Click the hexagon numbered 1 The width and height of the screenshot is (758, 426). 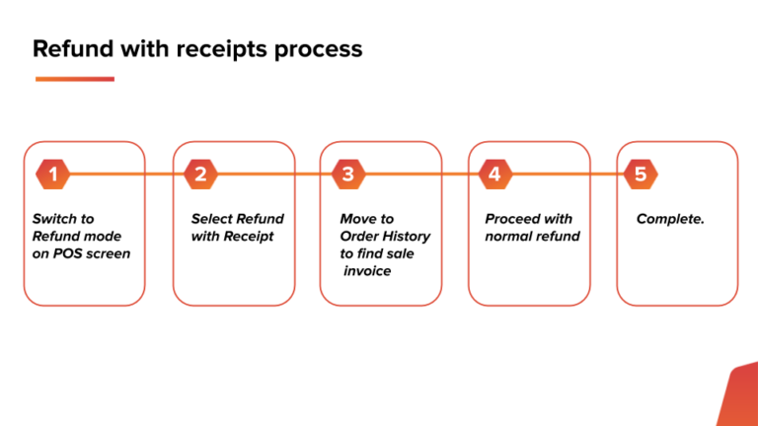click(x=53, y=175)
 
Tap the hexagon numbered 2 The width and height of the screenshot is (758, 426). click(x=200, y=175)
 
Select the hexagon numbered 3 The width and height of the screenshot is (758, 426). click(x=347, y=175)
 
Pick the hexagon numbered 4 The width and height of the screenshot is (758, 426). click(x=494, y=175)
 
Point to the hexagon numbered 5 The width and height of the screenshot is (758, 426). click(x=641, y=175)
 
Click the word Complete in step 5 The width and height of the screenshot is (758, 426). click(x=669, y=219)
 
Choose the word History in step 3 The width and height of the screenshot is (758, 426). click(x=406, y=237)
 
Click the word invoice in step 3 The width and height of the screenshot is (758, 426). click(x=367, y=271)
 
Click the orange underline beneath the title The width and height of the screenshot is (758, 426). click(x=74, y=79)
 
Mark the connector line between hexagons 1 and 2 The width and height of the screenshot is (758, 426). click(x=126, y=175)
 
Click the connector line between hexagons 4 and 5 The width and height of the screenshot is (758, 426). click(x=568, y=175)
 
